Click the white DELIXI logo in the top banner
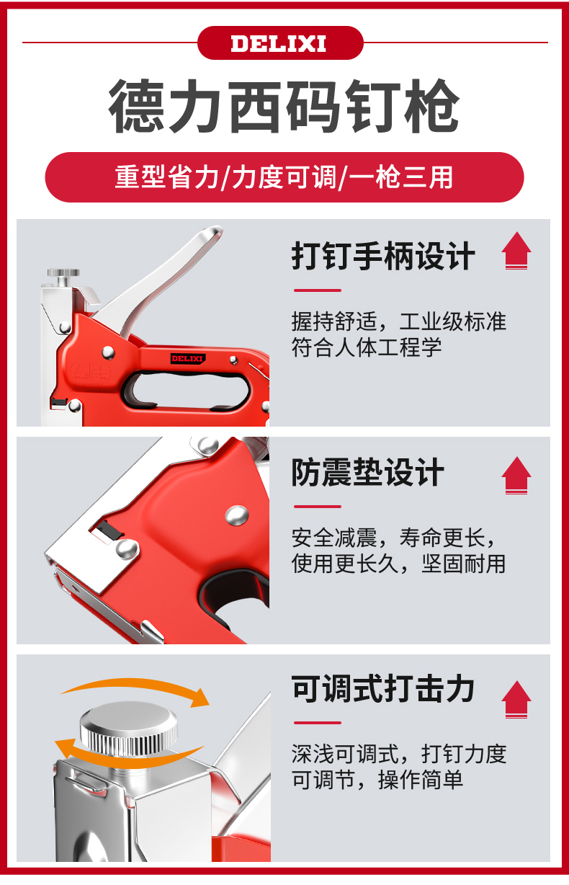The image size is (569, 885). [x=279, y=43]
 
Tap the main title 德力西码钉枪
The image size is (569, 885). [x=284, y=106]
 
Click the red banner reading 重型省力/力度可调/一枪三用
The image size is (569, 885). [x=284, y=177]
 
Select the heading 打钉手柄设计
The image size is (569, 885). [x=383, y=256]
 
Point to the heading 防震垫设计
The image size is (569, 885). [x=368, y=472]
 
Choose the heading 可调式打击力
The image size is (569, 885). [x=383, y=689]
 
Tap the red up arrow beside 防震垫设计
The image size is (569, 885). [x=516, y=476]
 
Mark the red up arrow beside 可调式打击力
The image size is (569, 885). [x=516, y=699]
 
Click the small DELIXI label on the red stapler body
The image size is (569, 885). [x=187, y=358]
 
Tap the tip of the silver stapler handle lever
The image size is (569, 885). [x=215, y=231]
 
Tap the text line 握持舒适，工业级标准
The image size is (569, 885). [x=399, y=321]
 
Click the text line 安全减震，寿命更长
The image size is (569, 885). [x=394, y=538]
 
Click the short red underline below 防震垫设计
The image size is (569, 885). [x=318, y=506]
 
